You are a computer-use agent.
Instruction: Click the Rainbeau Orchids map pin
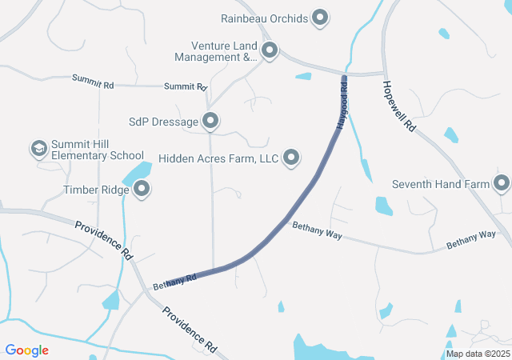tap(320, 17)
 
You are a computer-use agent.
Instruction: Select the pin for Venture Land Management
tap(270, 51)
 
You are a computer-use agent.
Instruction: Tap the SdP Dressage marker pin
tap(210, 122)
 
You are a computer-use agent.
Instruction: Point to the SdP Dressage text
tap(163, 122)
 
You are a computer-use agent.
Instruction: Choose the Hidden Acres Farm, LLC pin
tap(292, 158)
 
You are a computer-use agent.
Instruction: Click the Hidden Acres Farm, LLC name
tap(218, 158)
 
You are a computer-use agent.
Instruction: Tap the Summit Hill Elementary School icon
tap(38, 149)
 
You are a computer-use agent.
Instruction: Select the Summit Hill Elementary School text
tap(98, 150)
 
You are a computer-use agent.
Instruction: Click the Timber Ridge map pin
tap(142, 190)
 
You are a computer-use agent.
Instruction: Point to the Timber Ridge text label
tap(95, 190)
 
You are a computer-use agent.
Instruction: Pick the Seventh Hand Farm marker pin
tap(502, 184)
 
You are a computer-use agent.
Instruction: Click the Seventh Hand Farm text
tap(440, 184)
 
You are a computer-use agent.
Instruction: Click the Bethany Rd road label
tap(175, 282)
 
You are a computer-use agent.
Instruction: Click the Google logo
tap(27, 350)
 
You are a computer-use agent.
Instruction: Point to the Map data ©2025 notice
tap(478, 354)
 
